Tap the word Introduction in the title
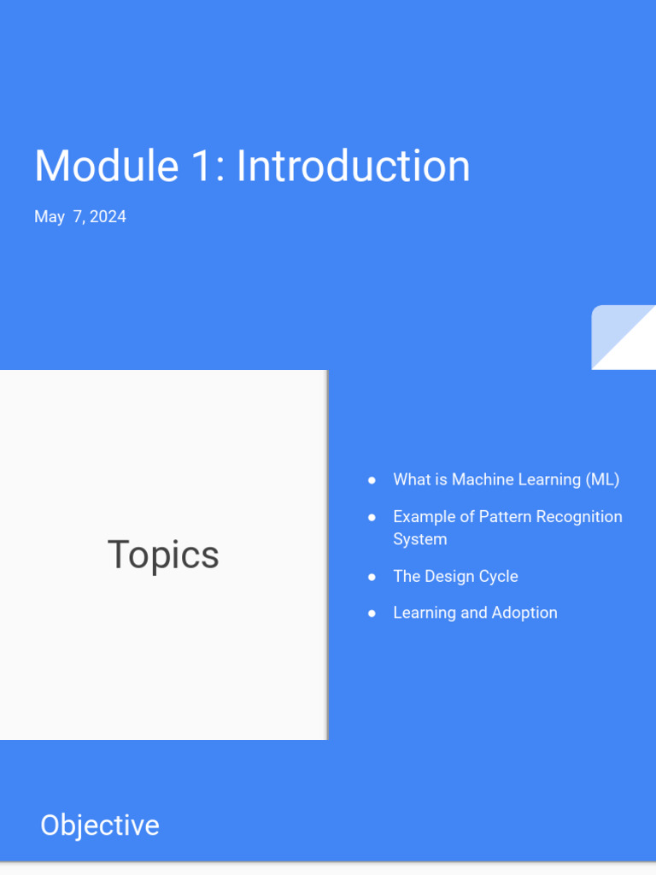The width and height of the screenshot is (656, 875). coord(353,166)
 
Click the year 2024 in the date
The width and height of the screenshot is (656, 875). coord(108,217)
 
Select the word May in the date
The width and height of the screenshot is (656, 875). coord(50,217)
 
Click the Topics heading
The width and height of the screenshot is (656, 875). coord(163,555)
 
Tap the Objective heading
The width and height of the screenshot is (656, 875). coord(100,825)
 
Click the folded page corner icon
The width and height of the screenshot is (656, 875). coord(624,338)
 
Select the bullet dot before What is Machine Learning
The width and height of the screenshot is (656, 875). coord(372,480)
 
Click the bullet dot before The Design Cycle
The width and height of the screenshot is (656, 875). coord(372,577)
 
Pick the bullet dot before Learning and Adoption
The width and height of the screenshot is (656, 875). coord(372,614)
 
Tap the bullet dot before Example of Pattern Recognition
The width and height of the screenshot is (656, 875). coord(372,517)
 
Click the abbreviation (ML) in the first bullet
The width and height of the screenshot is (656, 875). coord(602,479)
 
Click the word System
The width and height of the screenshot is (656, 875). coord(419,539)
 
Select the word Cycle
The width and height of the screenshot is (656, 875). coord(498,577)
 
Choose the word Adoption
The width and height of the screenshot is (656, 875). coord(524,613)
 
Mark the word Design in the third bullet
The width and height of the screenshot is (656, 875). coord(448,577)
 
